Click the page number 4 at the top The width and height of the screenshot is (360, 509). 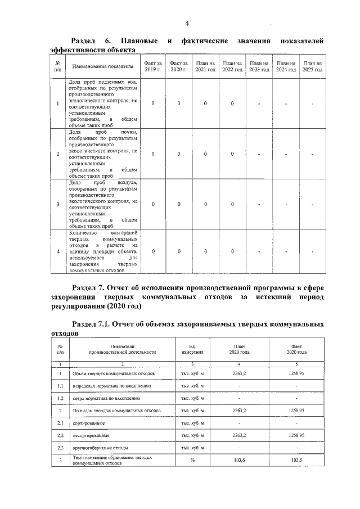[187, 22]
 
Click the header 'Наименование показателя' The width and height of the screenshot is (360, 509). [103, 66]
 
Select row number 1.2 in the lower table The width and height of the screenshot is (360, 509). [60, 398]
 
